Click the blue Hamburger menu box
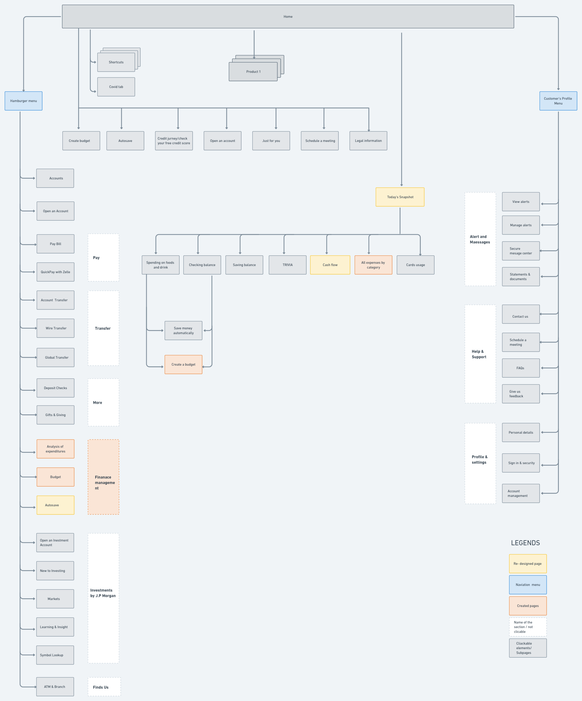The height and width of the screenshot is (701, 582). pos(23,101)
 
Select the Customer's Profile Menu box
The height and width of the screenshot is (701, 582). pos(558,101)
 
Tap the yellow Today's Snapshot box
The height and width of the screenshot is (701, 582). pos(400,197)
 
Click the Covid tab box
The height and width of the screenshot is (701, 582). pos(116,87)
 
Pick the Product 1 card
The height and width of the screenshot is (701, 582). pos(253,72)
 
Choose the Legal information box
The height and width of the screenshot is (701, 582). pos(368,141)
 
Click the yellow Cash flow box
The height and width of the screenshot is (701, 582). pos(330,265)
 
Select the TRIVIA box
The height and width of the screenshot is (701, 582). pos(288,265)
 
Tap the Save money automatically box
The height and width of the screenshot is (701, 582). pos(183,330)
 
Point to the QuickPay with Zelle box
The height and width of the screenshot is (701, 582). pos(55,272)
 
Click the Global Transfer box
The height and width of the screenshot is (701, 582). pos(55,357)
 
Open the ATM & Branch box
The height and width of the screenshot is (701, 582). pos(55,687)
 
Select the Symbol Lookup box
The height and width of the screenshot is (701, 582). pos(55,655)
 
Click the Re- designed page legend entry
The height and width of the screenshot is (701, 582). pos(528,564)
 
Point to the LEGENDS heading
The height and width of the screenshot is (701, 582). pos(525,543)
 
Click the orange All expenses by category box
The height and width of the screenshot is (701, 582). pos(373,265)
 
